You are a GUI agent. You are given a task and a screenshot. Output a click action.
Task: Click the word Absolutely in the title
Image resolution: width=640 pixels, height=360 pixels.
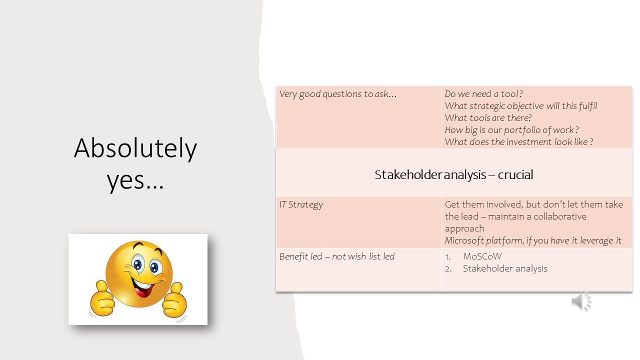[x=135, y=149]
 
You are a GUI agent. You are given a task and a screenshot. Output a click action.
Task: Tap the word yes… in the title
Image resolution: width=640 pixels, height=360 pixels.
[x=135, y=180]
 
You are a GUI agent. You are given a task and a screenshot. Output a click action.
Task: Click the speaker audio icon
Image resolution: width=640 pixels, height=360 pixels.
[x=581, y=301]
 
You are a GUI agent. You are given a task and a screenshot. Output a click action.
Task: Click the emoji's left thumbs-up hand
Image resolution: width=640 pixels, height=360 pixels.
[x=103, y=299]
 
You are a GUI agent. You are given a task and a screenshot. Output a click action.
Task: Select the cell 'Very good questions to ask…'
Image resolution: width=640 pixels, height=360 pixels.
[x=338, y=94]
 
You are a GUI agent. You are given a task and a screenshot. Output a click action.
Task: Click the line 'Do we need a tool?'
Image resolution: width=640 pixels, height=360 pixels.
[x=483, y=94]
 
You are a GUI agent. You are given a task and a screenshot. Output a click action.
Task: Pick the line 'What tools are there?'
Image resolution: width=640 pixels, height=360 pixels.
[x=488, y=118]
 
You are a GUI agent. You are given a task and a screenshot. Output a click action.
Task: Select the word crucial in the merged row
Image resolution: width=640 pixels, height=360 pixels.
[x=515, y=175]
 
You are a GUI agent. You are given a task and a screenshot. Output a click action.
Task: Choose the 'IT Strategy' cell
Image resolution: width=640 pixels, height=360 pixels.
[x=301, y=204]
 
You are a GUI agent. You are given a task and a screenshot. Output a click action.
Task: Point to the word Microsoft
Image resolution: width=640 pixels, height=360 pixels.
[x=464, y=240]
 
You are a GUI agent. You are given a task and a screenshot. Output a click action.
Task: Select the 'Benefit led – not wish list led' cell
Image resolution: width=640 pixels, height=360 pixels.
[x=337, y=256]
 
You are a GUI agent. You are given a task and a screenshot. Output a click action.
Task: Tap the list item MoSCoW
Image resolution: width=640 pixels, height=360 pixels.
[x=482, y=256]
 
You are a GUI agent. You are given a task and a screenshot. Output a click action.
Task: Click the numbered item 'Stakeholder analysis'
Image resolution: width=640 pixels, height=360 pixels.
[x=505, y=268]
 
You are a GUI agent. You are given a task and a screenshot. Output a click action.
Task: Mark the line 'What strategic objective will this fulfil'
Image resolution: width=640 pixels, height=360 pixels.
[x=520, y=106]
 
